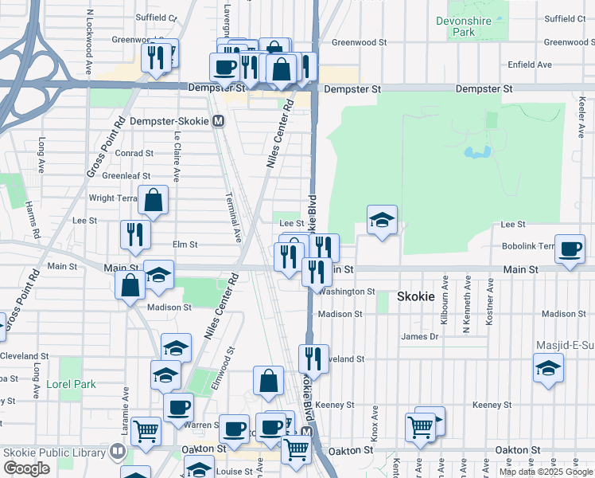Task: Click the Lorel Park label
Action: tap(71, 384)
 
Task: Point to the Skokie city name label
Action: tap(416, 296)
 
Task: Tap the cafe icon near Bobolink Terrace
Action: tap(569, 249)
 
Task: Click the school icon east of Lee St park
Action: tap(382, 220)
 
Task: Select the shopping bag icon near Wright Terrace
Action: tap(153, 201)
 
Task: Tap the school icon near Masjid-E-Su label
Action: tap(548, 369)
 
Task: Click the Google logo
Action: tap(26, 468)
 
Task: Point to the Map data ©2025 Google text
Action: tap(546, 472)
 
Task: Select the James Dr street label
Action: tap(420, 337)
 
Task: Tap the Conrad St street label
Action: tap(133, 153)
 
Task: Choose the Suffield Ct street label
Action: tap(156, 16)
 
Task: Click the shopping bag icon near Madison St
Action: tap(130, 284)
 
